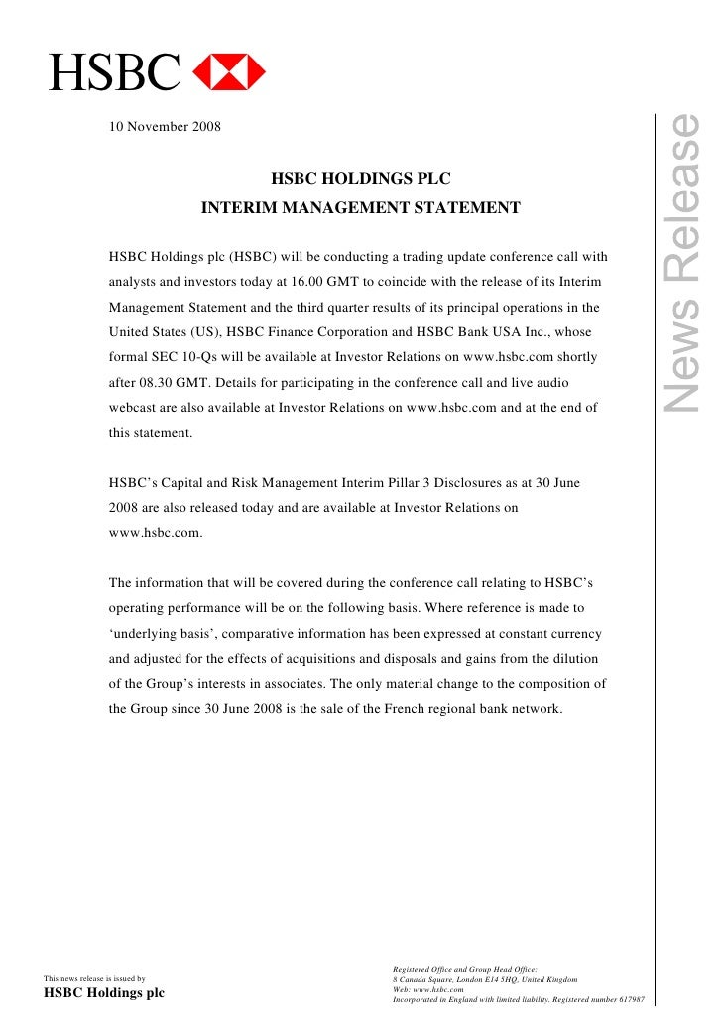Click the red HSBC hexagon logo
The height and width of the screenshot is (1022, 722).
[228, 70]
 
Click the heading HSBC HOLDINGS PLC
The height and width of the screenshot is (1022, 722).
[361, 180]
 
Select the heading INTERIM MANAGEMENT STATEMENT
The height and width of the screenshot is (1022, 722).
[361, 209]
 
